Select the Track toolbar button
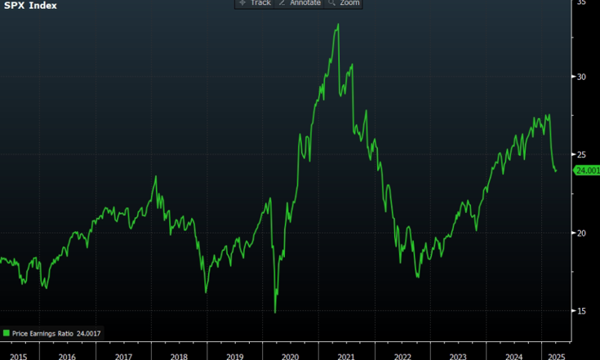pos(255,3)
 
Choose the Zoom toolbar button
pos(344,3)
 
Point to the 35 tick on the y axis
pos(582,3)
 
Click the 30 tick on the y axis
pos(582,77)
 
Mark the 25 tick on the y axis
pos(582,154)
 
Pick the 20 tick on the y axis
pos(582,233)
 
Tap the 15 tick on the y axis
pos(582,310)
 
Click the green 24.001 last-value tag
pos(587,170)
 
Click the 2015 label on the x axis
pos(19,356)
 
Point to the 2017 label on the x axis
pos(124,356)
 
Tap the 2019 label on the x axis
pos(235,356)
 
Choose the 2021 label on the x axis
pos(346,356)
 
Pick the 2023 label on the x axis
pos(459,356)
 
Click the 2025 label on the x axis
pos(556,356)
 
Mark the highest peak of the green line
pos(338,24)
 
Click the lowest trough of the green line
pos(275,312)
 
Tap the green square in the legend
pos(7,333)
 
